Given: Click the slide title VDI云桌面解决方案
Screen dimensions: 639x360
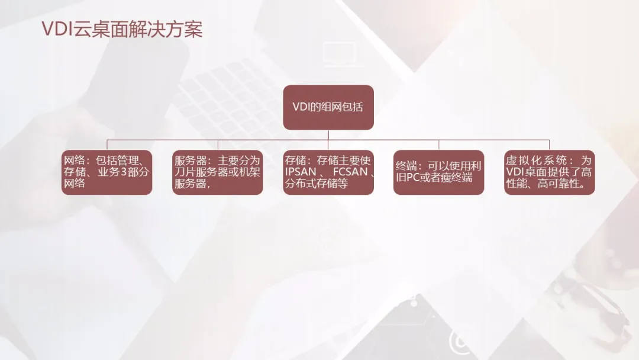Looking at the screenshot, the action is click(x=121, y=30).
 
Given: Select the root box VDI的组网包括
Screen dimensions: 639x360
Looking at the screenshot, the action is click(x=328, y=107).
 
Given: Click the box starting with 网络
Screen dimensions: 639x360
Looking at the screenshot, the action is click(x=106, y=172).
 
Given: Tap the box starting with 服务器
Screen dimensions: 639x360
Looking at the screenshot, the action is click(x=217, y=172).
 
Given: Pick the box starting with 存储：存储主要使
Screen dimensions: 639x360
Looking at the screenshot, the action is click(x=328, y=172).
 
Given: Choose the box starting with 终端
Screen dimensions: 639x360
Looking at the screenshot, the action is click(x=438, y=172).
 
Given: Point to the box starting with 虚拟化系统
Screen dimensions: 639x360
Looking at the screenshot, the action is click(x=549, y=172).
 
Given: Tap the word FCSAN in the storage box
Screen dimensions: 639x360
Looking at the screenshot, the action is click(x=349, y=172).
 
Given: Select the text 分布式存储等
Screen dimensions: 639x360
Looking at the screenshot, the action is click(x=316, y=184).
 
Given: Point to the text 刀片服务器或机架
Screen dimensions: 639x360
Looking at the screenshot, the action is click(x=217, y=172).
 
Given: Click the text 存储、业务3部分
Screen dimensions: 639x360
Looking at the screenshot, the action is click(x=106, y=172).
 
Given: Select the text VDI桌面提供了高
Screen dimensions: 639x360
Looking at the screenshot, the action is click(x=549, y=172).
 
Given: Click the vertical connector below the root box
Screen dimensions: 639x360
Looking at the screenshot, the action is click(x=328, y=135).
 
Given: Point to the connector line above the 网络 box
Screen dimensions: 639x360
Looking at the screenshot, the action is click(x=106, y=145).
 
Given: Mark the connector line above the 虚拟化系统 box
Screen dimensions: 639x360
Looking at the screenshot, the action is click(x=549, y=145).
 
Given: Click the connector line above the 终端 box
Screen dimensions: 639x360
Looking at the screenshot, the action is click(x=438, y=145).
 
